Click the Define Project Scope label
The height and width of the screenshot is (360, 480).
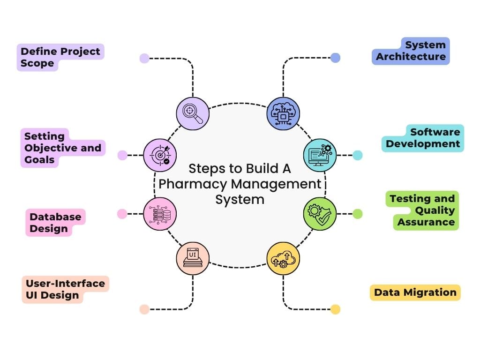(60, 57)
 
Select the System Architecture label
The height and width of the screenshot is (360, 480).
(411, 51)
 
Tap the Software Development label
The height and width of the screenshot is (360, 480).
(423, 138)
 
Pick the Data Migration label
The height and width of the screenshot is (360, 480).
(415, 292)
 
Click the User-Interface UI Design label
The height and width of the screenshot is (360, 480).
(65, 289)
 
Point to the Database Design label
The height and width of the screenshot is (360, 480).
(55, 223)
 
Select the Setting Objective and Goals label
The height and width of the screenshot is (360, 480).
(62, 148)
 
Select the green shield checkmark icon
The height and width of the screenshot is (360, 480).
(320, 214)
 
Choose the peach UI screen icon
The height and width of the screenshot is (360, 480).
(193, 258)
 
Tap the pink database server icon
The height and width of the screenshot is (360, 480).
(160, 214)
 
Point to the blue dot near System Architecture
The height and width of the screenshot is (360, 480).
(335, 58)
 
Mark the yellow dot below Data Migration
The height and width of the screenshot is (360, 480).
(335, 309)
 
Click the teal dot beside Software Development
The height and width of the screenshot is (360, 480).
(358, 155)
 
